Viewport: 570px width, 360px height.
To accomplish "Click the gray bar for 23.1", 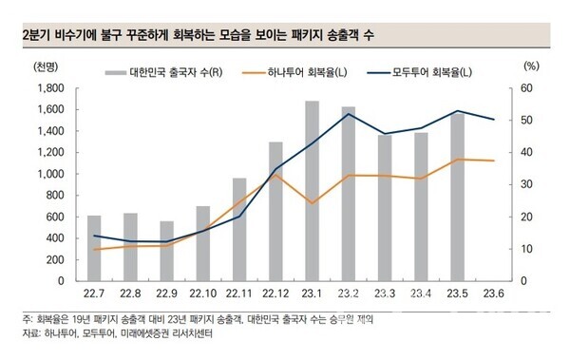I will [x=312, y=190].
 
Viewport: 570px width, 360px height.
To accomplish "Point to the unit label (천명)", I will [x=43, y=69].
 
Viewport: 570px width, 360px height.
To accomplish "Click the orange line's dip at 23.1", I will [x=312, y=203].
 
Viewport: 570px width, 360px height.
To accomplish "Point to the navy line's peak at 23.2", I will [x=349, y=114].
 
